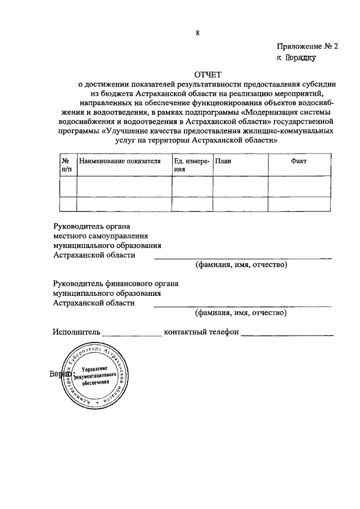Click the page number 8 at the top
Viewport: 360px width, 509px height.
pos(197,33)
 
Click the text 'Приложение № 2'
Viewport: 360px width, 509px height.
pos(307,47)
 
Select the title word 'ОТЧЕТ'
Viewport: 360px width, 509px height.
pos(208,74)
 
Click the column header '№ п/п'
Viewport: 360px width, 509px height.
pos(67,165)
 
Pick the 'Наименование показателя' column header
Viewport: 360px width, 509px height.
pos(120,161)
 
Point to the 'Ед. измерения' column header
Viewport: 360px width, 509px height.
pos(191,165)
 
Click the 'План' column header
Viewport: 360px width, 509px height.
pos(223,161)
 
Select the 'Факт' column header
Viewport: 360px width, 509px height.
pos(299,161)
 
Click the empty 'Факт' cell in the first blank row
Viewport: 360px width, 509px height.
pos(299,186)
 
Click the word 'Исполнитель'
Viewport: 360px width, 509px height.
pos(76,332)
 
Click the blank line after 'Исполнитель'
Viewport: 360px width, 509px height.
pos(132,334)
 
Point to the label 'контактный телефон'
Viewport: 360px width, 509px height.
pos(201,332)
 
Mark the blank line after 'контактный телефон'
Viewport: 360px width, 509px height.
pos(287,334)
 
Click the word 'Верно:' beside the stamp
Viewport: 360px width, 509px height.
pos(60,373)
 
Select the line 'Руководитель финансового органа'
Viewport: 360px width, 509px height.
pos(115,283)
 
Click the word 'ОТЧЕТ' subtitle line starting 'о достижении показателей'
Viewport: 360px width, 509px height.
pos(208,84)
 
